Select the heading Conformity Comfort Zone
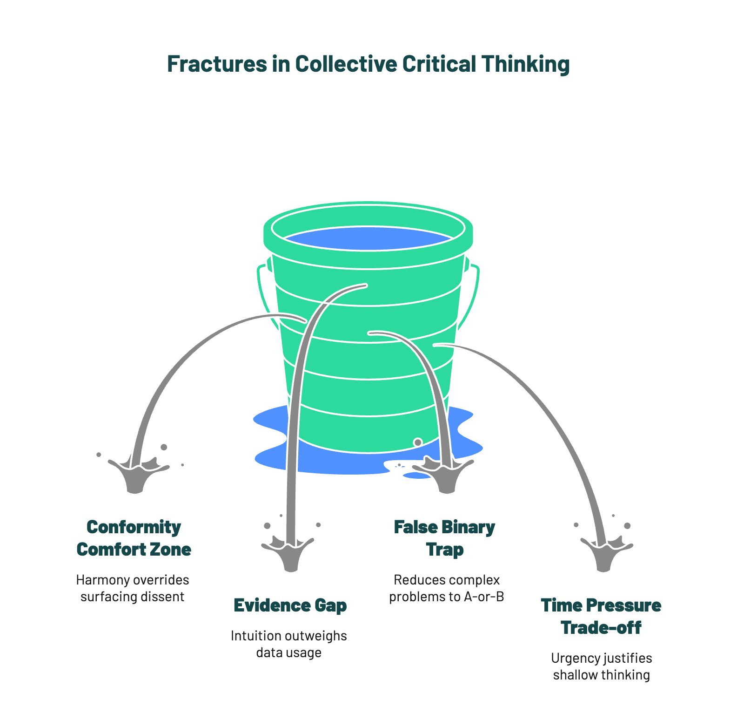tap(134, 538)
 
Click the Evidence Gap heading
tap(290, 605)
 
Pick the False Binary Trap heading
tap(445, 538)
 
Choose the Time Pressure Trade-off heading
tap(601, 616)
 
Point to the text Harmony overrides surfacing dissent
tap(133, 588)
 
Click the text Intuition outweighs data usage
tap(289, 644)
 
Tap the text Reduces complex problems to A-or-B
tap(446, 588)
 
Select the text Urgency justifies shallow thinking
tap(602, 666)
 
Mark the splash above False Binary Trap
tap(447, 475)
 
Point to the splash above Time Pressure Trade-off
tap(604, 554)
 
